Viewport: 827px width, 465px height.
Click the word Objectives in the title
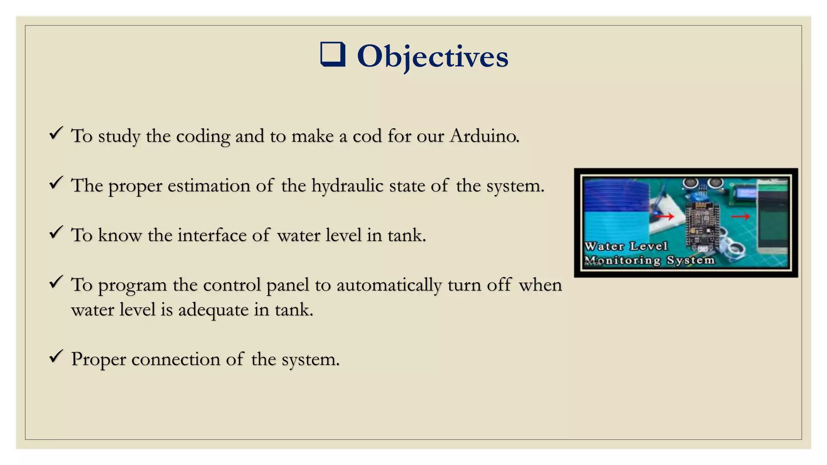pos(432,56)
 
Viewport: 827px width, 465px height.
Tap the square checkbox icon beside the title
pos(333,54)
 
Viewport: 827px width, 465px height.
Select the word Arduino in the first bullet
pos(484,136)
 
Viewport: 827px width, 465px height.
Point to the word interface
pos(212,235)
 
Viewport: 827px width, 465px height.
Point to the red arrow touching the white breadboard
pos(664,217)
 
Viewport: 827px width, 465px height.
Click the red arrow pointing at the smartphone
pos(740,217)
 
